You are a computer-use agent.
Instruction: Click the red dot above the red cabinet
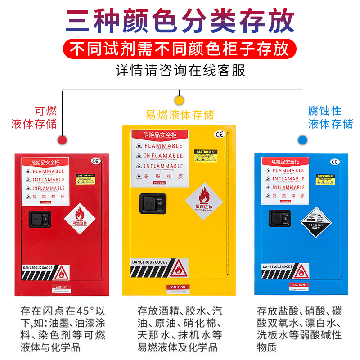tap(65, 140)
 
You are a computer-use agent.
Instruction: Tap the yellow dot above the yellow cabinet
tap(180, 99)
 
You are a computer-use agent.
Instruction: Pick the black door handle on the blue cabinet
tap(279, 218)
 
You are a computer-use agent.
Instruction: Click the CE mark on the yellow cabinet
tap(219, 135)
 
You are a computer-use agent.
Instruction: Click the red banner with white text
tap(180, 49)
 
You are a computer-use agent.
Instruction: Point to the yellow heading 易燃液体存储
tap(180, 114)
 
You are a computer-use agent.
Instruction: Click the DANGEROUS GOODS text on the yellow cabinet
tap(149, 262)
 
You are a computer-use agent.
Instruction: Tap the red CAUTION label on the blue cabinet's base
tap(298, 285)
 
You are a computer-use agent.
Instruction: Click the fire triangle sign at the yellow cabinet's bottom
tap(178, 269)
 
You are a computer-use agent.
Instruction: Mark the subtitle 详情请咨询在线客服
tap(180, 71)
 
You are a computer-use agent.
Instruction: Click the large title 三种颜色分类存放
tap(180, 21)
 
